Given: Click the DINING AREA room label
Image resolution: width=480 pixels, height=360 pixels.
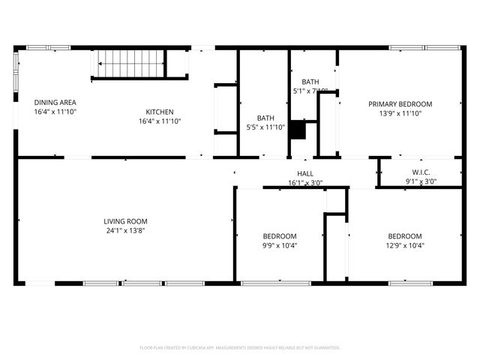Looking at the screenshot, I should point(55,102).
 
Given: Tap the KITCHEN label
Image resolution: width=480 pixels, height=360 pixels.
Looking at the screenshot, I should point(159,112).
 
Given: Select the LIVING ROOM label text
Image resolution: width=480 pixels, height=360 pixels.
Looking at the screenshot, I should point(125,221).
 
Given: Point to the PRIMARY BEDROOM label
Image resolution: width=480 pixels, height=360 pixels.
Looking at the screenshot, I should point(400,104).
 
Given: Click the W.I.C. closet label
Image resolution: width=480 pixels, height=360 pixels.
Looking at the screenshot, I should point(421,172).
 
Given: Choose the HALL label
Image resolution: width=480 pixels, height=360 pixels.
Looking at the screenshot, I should point(305,173).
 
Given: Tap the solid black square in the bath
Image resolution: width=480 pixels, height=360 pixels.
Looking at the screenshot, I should point(298,130).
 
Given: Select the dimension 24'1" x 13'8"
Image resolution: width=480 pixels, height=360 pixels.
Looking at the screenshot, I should point(125,231).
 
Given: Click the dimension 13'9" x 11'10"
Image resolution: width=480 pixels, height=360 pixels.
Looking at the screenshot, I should point(400,114).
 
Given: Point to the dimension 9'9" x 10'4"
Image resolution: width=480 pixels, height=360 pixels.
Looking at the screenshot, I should point(280,245).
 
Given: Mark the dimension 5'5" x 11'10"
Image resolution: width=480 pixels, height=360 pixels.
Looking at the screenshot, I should point(265,127).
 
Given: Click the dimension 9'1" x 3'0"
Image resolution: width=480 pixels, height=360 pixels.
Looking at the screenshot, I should point(421,181).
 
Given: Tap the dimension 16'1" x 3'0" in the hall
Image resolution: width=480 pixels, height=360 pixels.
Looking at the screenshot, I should point(305,182).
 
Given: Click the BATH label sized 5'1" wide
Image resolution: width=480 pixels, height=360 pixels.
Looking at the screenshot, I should point(310,82).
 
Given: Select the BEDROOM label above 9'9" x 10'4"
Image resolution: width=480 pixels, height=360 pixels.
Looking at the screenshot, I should point(280,235).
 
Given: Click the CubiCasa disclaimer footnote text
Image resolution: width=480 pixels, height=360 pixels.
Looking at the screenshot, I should point(240,348).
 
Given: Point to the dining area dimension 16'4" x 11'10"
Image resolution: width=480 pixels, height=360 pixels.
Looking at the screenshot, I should point(55,112).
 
